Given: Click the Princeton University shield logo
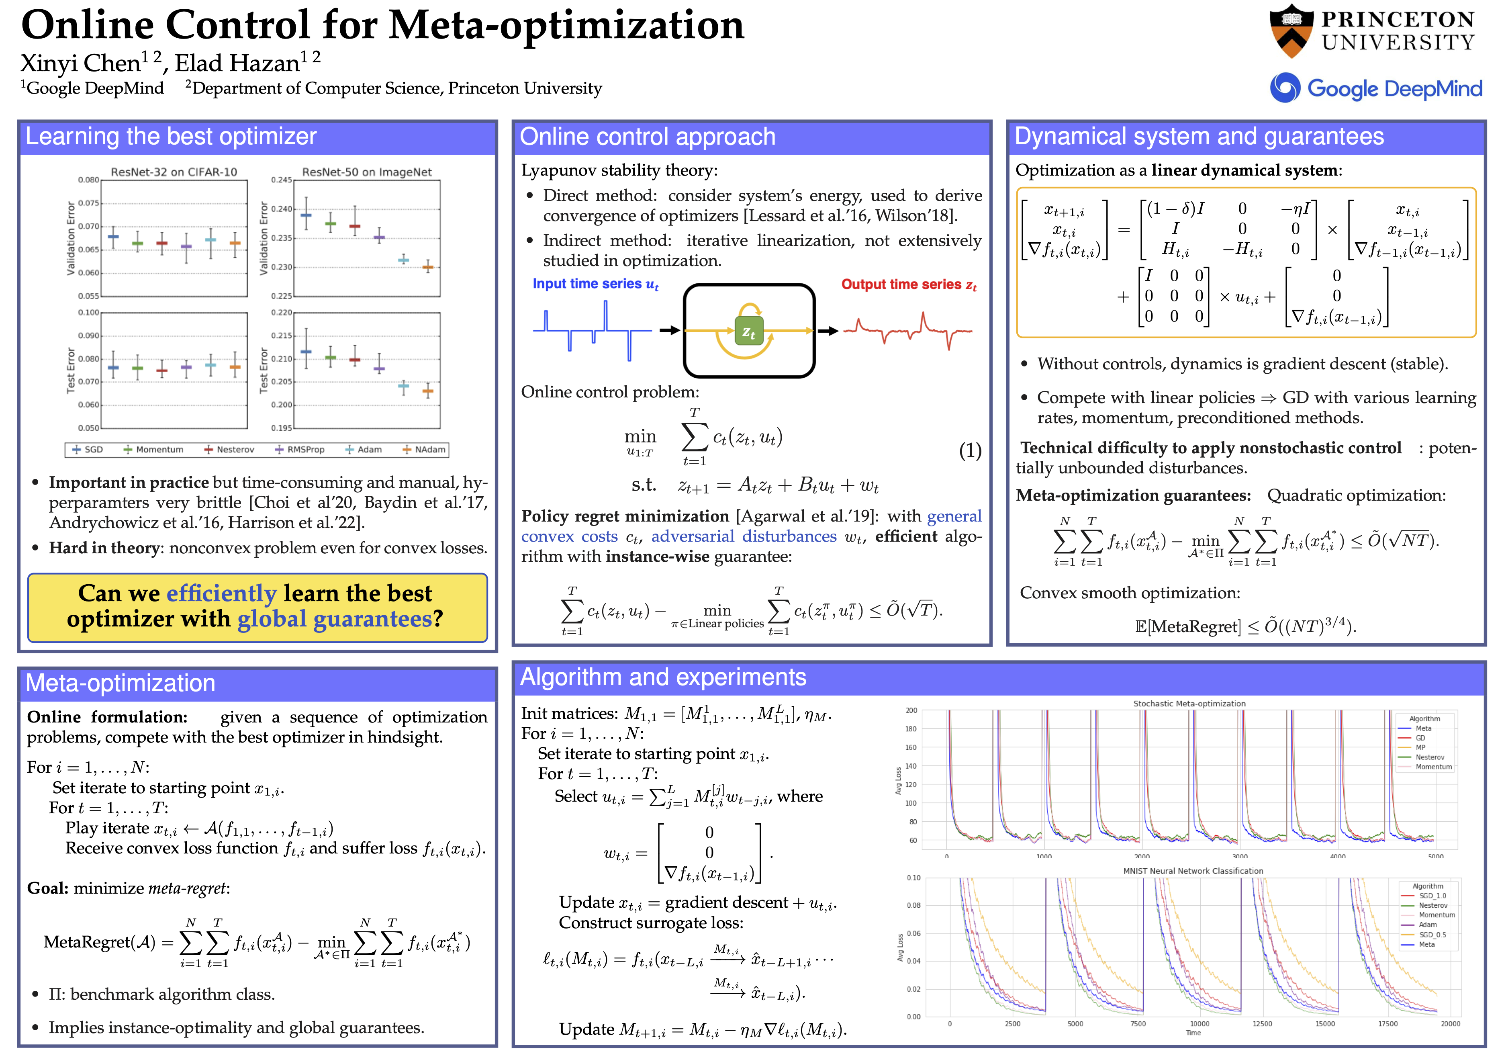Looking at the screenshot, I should (x=1291, y=31).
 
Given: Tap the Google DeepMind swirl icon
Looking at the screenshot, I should (x=1285, y=88).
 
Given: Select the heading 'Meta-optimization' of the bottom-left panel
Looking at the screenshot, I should (x=121, y=683).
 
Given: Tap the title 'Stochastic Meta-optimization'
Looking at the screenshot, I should (x=1189, y=704).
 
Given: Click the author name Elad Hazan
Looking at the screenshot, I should (x=237, y=63).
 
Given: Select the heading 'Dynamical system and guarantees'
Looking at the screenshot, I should (x=1199, y=136).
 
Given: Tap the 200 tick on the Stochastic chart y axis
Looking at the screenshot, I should (x=911, y=710).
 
